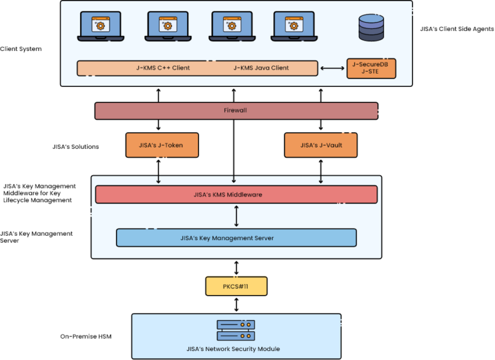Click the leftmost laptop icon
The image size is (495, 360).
pos(101,26)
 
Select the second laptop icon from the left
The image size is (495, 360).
pos(168,26)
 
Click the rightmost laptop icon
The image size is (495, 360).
pos(295,26)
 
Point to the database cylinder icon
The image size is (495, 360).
pos(371,26)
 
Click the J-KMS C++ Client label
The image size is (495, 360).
pos(163,68)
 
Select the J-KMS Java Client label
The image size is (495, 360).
pos(260,68)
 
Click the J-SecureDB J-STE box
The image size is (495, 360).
pos(371,68)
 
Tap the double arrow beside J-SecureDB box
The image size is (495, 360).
pos(333,68)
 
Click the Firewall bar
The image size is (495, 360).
pos(236,111)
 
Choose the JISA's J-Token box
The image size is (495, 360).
pos(162,146)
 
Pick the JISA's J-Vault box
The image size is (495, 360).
pos(321,146)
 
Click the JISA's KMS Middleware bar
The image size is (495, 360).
pos(236,194)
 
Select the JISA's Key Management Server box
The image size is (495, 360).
pos(236,238)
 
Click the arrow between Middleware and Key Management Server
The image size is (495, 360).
pos(237,216)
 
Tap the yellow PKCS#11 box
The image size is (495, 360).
pos(236,286)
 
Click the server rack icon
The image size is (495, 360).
pos(236,330)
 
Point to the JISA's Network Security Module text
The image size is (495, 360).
pos(236,349)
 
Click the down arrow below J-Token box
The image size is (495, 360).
pos(159,178)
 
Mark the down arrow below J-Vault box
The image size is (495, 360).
pos(321,178)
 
